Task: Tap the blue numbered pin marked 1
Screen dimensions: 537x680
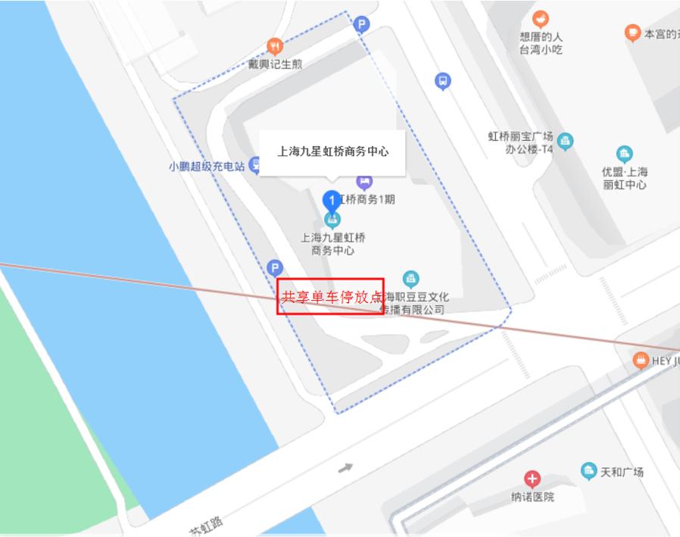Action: point(331,201)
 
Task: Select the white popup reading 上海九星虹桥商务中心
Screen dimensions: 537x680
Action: point(332,152)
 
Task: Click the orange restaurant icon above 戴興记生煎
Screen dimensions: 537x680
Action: point(275,46)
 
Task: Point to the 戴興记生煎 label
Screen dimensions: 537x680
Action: point(275,64)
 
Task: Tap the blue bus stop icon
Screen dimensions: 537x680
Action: point(443,81)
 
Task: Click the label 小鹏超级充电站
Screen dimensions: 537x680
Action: point(207,166)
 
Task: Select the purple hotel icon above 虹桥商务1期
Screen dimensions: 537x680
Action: point(364,182)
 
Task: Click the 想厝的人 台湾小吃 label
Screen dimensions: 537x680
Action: point(541,43)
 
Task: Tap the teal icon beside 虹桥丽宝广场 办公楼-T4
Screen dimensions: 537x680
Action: point(565,142)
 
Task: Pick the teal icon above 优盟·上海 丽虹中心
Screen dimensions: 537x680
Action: point(625,155)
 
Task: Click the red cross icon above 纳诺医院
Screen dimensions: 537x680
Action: point(532,479)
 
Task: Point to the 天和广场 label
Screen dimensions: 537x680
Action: point(622,472)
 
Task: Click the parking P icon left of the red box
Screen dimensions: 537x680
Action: point(275,267)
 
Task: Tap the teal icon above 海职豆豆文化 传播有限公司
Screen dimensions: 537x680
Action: point(410,279)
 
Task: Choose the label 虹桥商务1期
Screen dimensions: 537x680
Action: point(368,200)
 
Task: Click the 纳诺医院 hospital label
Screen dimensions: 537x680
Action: point(532,497)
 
